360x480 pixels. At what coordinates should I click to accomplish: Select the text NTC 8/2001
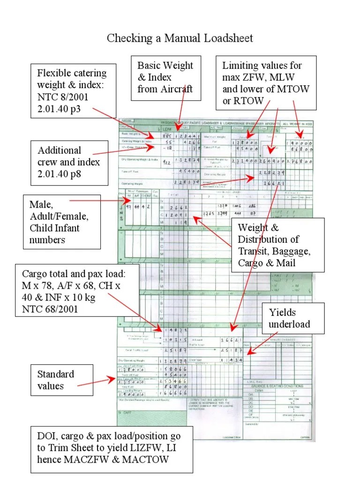click(62, 97)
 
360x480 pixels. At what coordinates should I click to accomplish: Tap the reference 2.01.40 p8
click(68, 174)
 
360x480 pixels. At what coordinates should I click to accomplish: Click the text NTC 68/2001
click(50, 309)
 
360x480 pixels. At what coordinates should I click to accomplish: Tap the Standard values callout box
click(56, 380)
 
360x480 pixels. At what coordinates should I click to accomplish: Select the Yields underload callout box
click(289, 319)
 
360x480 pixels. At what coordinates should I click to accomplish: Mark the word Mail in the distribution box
click(285, 262)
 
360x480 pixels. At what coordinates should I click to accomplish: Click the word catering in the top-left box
click(89, 74)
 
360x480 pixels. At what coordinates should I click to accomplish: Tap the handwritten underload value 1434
click(232, 360)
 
